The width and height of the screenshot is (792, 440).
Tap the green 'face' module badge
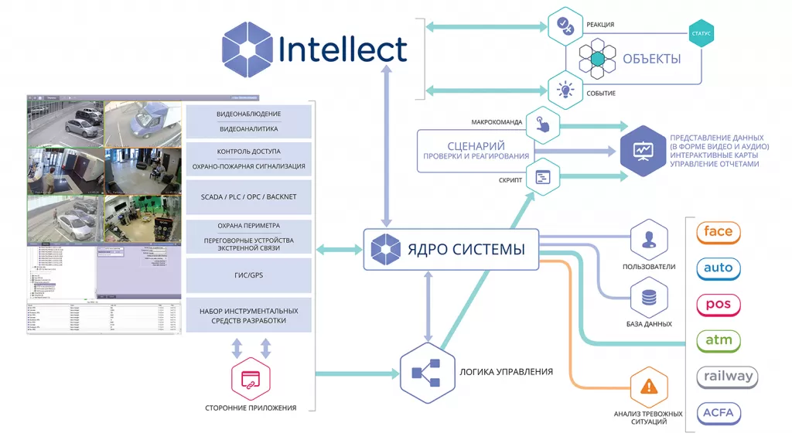(719, 232)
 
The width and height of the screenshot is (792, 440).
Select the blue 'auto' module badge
(719, 268)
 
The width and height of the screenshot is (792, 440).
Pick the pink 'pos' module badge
(719, 305)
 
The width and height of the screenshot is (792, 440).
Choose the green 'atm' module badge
(719, 340)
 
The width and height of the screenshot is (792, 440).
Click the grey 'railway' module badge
(727, 377)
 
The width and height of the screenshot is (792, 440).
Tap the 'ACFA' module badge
(719, 413)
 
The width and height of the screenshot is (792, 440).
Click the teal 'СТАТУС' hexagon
(701, 34)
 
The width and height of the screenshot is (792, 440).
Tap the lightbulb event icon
(565, 90)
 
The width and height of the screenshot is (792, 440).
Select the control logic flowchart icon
(425, 373)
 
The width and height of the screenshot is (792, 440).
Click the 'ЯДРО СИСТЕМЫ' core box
(451, 249)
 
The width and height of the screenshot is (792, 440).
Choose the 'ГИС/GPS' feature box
(248, 275)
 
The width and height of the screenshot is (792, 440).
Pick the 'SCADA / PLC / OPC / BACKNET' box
(248, 197)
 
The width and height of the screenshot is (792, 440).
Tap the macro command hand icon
(544, 124)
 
